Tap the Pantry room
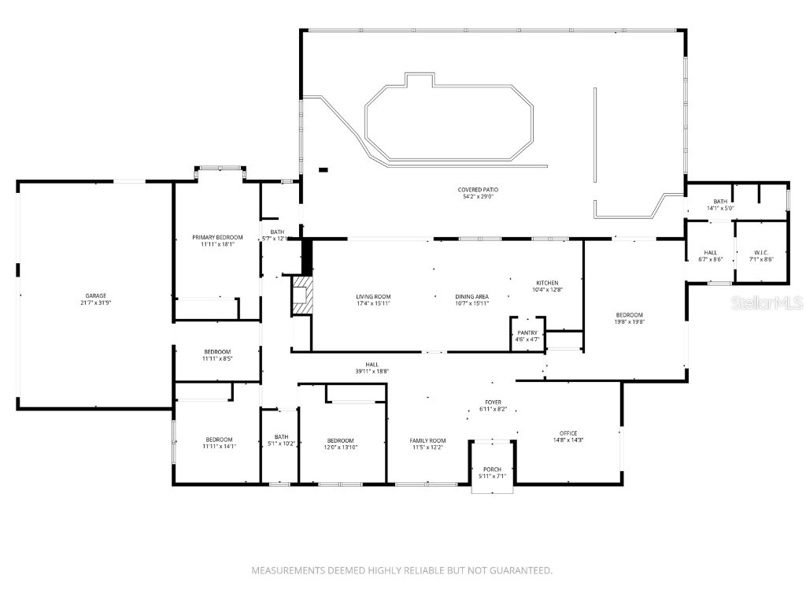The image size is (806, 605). [x=527, y=336]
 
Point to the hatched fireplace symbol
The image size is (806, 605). [x=302, y=295]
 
